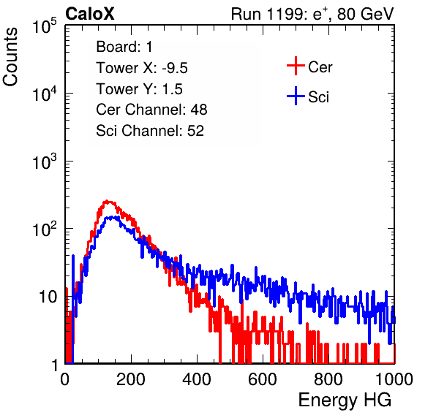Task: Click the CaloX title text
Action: click(x=89, y=13)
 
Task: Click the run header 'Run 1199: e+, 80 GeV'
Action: click(x=312, y=14)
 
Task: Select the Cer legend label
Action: click(x=320, y=67)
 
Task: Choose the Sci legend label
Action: click(x=318, y=96)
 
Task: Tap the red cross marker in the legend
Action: click(x=296, y=66)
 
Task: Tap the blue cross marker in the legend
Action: click(x=296, y=96)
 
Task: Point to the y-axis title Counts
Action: click(x=10, y=57)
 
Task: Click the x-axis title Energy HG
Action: click(x=345, y=400)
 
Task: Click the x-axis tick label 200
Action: click(x=131, y=379)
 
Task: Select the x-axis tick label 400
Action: click(x=197, y=379)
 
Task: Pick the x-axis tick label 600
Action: click(x=263, y=379)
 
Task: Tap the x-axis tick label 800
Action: click(x=328, y=379)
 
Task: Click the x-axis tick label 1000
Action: click(x=394, y=379)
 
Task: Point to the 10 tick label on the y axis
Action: click(x=48, y=297)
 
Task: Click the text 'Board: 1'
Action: click(x=124, y=47)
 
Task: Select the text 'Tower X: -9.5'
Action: click(x=142, y=68)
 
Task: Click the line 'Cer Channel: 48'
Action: click(x=151, y=110)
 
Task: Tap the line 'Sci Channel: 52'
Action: click(x=150, y=131)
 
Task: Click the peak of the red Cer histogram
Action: click(x=107, y=201)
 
